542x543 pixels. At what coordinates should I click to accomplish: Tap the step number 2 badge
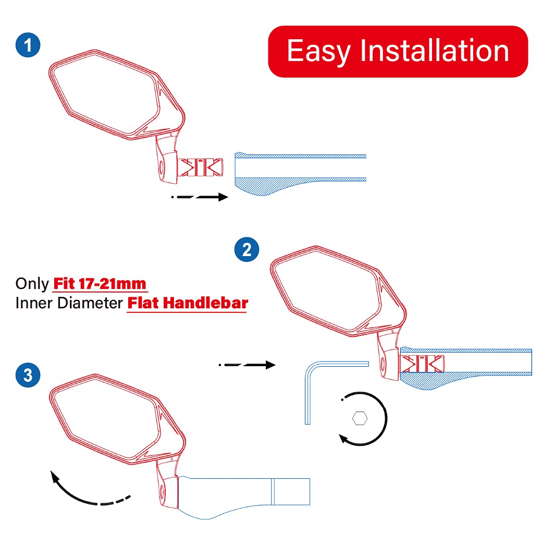[247, 249]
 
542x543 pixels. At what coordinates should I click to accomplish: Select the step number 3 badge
[28, 375]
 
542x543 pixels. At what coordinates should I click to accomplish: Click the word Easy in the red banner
[318, 51]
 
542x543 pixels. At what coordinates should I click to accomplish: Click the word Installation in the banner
[435, 51]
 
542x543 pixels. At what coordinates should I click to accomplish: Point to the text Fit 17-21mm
[100, 284]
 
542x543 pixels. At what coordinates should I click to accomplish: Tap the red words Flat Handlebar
[187, 303]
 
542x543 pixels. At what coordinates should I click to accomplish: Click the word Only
[32, 284]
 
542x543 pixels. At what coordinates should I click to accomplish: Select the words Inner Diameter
[69, 303]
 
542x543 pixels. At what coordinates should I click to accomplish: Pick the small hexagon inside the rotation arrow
[360, 418]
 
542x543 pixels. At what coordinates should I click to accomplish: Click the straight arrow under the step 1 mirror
[200, 197]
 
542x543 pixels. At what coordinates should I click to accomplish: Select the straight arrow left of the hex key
[247, 365]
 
